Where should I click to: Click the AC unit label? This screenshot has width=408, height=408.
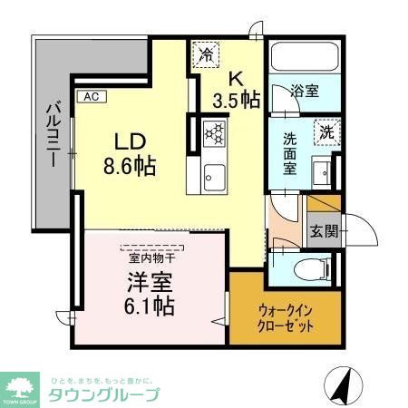pyautogui.click(x=91, y=95)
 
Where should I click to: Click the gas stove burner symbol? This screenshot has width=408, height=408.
pyautogui.click(x=217, y=133)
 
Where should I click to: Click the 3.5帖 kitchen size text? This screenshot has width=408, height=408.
pyautogui.click(x=237, y=98)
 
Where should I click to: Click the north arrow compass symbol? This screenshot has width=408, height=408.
pyautogui.click(x=342, y=387)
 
